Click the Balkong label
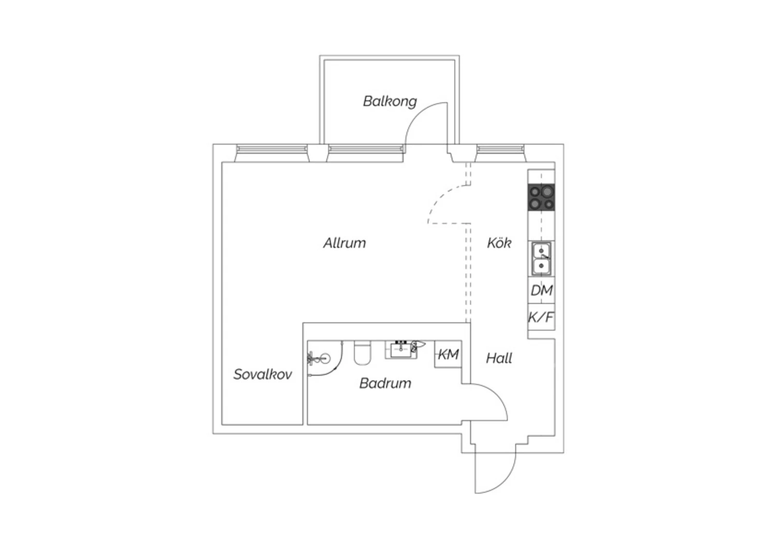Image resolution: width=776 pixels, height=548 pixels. click(390, 101)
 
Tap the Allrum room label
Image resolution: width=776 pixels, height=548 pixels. click(345, 243)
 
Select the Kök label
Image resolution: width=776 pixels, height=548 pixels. click(499, 243)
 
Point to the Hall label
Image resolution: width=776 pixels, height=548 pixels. click(499, 358)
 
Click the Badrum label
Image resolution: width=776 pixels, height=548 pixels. click(385, 383)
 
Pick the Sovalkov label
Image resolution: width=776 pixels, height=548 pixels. click(263, 374)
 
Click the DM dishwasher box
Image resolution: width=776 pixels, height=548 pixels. click(541, 290)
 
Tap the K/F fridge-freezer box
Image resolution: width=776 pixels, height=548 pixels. click(541, 317)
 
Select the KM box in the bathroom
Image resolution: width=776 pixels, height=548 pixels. click(449, 354)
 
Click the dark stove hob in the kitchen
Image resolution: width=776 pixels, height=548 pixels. click(541, 197)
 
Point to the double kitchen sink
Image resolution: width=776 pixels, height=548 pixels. click(541, 259)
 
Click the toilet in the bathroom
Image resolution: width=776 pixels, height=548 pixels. click(362, 352)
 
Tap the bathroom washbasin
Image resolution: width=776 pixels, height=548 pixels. click(401, 350)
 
